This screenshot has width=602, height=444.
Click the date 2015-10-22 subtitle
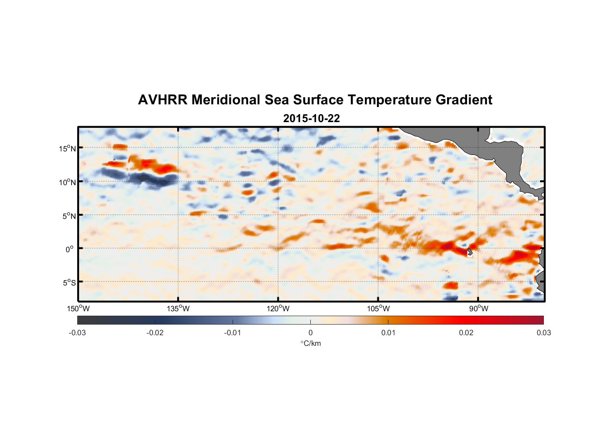coord(311,119)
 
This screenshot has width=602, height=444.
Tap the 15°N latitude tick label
coord(67,148)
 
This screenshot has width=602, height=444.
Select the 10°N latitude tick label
coord(67,182)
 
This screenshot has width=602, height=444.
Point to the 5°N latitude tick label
coord(69,216)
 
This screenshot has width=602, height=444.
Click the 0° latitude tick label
coord(69,249)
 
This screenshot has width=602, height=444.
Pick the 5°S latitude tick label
coord(69,283)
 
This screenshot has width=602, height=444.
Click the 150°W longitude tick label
coord(78,309)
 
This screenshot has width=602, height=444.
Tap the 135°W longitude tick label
coord(178,309)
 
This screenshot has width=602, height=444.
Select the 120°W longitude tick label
coord(278,309)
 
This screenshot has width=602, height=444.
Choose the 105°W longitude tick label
coord(378,309)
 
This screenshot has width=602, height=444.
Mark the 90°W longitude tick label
coord(479,309)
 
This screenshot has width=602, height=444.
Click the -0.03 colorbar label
coord(77,333)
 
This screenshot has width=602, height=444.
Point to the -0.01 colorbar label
coord(233,333)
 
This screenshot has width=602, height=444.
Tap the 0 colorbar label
coord(310,333)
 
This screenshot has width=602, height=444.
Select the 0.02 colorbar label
coord(466,333)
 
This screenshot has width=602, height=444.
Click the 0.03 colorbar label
coord(543,333)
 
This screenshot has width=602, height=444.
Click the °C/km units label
coord(310,344)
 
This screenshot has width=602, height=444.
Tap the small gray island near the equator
coord(470,252)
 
